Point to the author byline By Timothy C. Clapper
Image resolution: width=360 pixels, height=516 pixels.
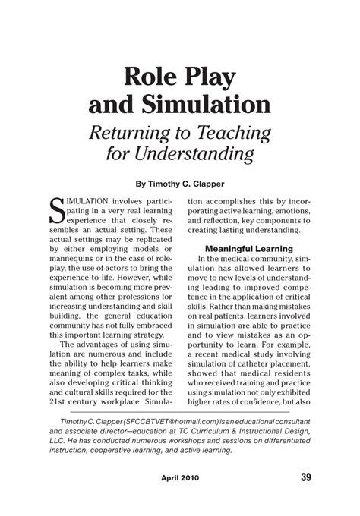[180, 182]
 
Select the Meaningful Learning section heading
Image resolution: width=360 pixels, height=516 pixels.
[248, 248]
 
